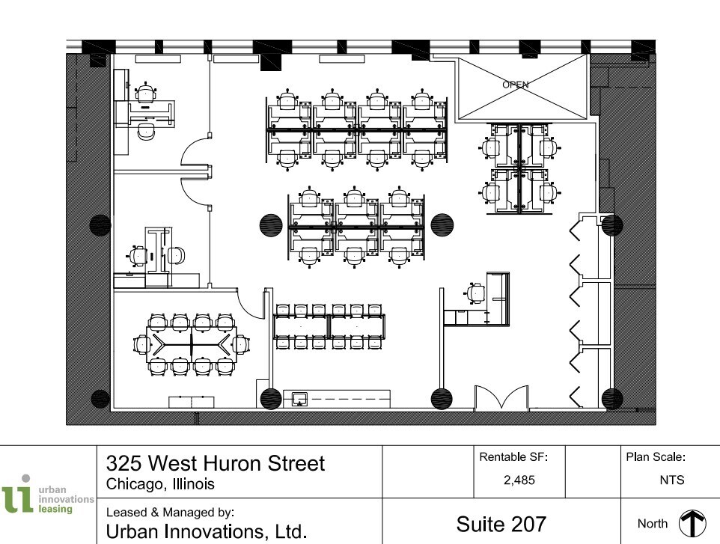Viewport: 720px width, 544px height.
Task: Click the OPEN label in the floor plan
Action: click(515, 85)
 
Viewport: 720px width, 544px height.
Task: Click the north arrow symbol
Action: click(692, 524)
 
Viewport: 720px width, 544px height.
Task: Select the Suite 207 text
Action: click(501, 523)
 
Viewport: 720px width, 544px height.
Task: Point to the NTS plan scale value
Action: click(671, 480)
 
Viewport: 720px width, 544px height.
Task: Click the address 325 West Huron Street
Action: click(216, 463)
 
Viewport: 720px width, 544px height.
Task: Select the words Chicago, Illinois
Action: click(161, 484)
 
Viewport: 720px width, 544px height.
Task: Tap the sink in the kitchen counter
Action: click(299, 399)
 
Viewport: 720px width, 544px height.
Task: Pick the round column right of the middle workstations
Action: click(442, 224)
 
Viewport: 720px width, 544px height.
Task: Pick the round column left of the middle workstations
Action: click(271, 224)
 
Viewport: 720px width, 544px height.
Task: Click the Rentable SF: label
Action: click(513, 456)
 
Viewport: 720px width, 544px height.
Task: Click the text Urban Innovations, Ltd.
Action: click(207, 532)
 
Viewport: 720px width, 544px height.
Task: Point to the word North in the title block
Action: click(652, 524)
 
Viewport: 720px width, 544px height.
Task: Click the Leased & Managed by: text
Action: click(171, 513)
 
